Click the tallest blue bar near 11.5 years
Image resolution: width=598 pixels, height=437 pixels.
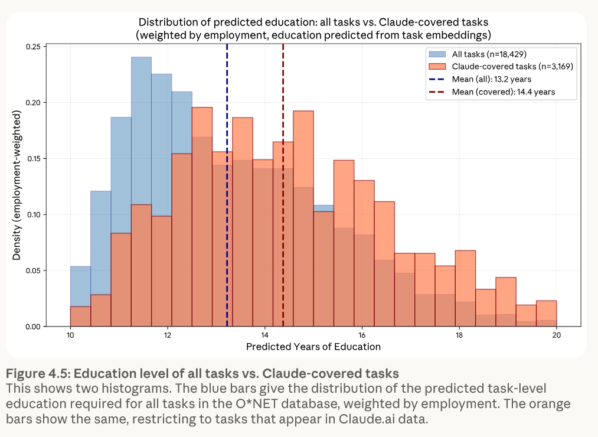click(141, 130)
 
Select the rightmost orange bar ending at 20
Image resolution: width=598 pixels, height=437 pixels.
click(546, 314)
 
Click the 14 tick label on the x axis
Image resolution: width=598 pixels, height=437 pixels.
click(265, 335)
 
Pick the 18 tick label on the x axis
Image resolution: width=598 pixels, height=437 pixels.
click(459, 335)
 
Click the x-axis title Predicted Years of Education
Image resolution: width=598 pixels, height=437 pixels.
click(313, 347)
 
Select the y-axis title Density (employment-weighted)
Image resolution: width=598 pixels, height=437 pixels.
click(18, 187)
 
